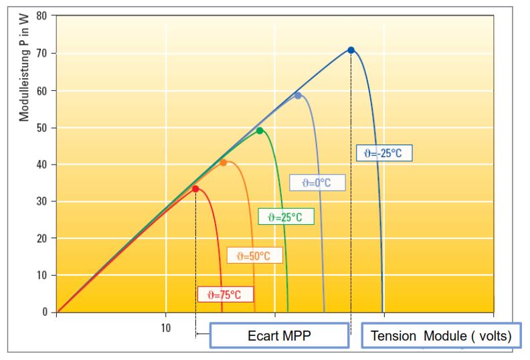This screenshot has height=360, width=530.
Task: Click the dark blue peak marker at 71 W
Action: pyautogui.click(x=351, y=50)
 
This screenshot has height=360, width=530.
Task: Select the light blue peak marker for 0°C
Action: pyautogui.click(x=298, y=96)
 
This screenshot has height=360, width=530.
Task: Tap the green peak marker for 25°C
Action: pyautogui.click(x=260, y=130)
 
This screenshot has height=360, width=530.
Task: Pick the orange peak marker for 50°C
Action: pyautogui.click(x=223, y=163)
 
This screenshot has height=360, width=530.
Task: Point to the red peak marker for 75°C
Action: pyautogui.click(x=195, y=189)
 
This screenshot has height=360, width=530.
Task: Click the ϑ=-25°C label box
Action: pyautogui.click(x=384, y=153)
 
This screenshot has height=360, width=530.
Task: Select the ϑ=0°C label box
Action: pyautogui.click(x=317, y=183)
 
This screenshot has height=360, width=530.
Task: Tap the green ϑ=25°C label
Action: pyautogui.click(x=286, y=217)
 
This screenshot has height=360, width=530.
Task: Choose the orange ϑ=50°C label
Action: pyautogui.click(x=254, y=255)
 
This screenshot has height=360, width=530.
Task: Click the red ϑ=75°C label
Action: pyautogui.click(x=226, y=294)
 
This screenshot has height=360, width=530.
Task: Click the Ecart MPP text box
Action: pyautogui.click(x=279, y=335)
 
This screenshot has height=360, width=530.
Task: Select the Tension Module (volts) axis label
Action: pyautogui.click(x=441, y=335)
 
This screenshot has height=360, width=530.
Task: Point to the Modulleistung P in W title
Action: pyautogui.click(x=24, y=68)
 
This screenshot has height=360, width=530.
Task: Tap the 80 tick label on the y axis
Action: pyautogui.click(x=42, y=15)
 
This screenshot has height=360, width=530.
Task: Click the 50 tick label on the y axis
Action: pyautogui.click(x=42, y=128)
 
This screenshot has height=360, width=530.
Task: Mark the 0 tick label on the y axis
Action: pyautogui.click(x=45, y=312)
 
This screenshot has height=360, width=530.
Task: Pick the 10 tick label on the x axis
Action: pyautogui.click(x=166, y=328)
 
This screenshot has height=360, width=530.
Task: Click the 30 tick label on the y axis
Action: pyautogui.click(x=42, y=201)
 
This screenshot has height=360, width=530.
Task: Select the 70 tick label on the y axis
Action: pyautogui.click(x=42, y=54)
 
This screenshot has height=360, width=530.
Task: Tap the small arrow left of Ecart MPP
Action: pyautogui.click(x=203, y=334)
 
